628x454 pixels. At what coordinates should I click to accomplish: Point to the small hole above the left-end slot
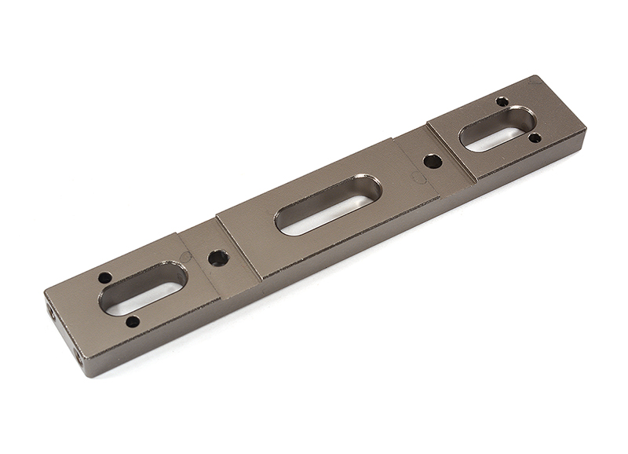pos(104,277)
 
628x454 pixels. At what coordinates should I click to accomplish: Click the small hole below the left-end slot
pos(133,321)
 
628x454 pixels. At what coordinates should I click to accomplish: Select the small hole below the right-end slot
pos(535,138)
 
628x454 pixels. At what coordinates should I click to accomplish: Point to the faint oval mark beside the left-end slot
pos(185,255)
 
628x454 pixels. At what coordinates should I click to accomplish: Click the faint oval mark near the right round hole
pos(419,179)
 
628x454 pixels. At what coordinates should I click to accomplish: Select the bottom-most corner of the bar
pos(86,375)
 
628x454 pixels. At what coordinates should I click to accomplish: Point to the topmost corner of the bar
pos(535,76)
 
